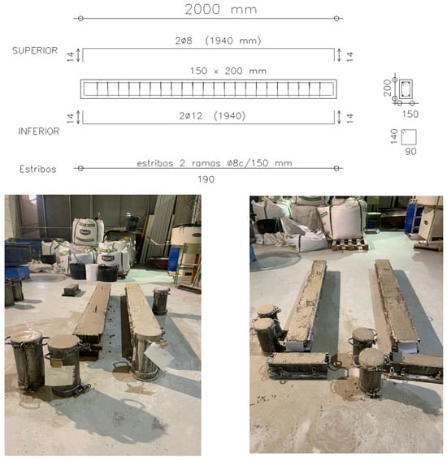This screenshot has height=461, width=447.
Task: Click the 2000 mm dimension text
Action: pos(221,9)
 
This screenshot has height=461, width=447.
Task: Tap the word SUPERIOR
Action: pos(35,50)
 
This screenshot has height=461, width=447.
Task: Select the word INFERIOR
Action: pos(39,131)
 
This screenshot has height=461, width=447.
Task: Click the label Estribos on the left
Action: pos(37,169)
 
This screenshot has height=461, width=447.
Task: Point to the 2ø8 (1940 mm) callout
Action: pos(218,41)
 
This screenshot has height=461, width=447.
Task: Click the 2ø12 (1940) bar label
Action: pos(212,116)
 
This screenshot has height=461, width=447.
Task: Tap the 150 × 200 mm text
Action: pos(228,71)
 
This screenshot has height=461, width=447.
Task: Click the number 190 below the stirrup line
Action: pos(206,179)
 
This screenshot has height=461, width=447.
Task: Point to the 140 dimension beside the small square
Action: pos(394,136)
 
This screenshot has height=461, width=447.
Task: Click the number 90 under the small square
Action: pos(410,152)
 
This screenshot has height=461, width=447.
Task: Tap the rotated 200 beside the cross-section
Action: pos(387,88)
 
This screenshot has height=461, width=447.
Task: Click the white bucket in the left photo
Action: pos(92,272)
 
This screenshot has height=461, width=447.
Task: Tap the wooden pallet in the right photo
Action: pos(349,244)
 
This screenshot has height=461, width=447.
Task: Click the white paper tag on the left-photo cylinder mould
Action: pos(59,376)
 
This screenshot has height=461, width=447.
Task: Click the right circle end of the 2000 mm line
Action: pos(336,18)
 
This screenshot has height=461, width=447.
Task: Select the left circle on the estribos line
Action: pos(80,168)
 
